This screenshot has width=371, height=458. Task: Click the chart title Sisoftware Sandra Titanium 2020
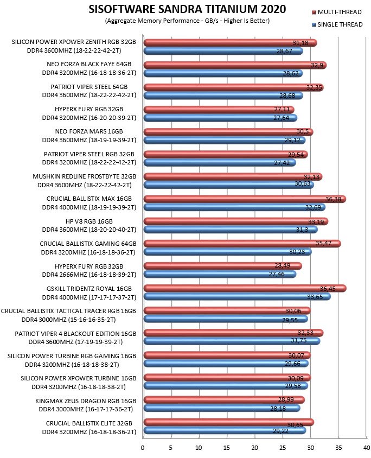point(187,9)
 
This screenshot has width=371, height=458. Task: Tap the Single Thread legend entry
point(337,24)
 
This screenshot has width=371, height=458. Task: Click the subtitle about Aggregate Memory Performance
point(187,21)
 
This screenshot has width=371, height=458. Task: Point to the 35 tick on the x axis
point(338,448)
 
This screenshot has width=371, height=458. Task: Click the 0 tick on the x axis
point(143,448)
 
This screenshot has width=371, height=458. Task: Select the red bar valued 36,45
point(245,288)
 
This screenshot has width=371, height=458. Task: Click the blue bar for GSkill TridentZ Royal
point(238,297)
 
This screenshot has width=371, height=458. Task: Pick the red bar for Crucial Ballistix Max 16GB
point(245,199)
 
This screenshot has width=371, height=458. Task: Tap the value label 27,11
point(282,109)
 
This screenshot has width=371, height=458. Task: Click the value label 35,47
point(323,243)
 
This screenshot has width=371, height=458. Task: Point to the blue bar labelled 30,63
point(229,185)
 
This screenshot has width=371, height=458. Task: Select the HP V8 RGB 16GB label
point(89,221)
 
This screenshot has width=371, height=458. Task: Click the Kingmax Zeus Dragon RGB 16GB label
point(86,401)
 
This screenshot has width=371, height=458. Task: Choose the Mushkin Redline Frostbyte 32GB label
point(85,176)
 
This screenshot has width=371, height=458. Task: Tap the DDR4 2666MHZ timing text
point(89,275)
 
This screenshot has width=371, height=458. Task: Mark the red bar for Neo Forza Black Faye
point(235,65)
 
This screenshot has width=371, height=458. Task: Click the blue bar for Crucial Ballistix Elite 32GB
point(225,430)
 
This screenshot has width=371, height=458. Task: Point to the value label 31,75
point(299,340)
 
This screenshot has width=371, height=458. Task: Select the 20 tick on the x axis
point(254,448)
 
